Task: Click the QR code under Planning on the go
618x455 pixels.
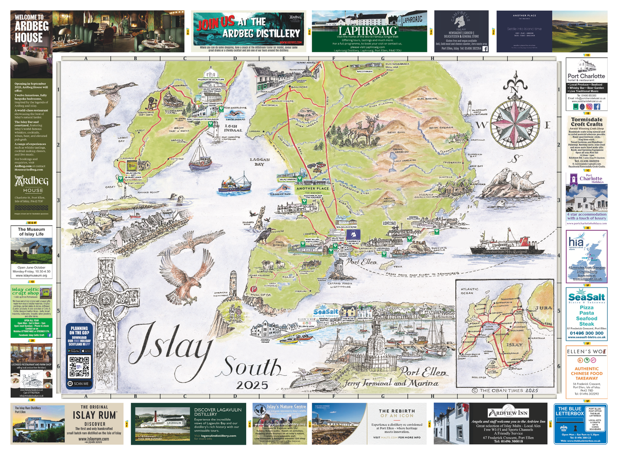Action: (x=79, y=366)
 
